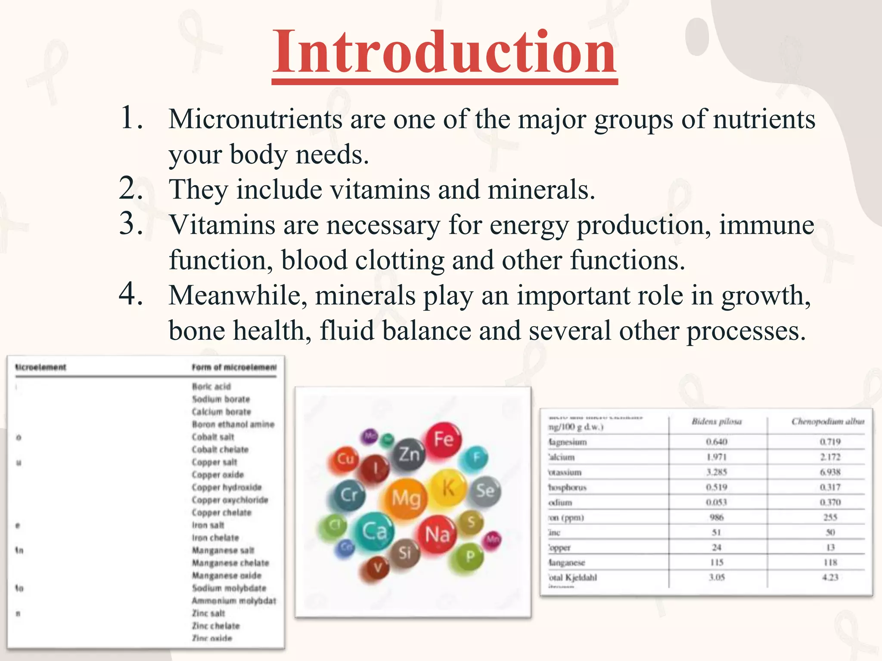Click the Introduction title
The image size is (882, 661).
tap(444, 53)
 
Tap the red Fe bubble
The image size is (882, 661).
tap(443, 439)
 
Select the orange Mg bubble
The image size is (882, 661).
tap(405, 498)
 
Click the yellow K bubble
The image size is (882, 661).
tap(448, 488)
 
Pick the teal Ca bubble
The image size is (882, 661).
tap(374, 531)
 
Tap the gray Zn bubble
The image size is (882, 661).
tap(409, 454)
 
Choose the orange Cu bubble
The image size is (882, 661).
tap(345, 459)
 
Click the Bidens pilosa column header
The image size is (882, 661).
tap(717, 422)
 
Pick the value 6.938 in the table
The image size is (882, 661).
tap(830, 472)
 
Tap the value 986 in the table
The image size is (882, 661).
tap(717, 517)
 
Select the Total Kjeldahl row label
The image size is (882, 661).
tap(572, 578)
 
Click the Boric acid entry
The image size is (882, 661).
tap(211, 386)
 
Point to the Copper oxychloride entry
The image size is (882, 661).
tap(230, 500)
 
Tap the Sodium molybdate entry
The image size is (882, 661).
tap(229, 588)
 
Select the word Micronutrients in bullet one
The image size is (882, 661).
tap(255, 119)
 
